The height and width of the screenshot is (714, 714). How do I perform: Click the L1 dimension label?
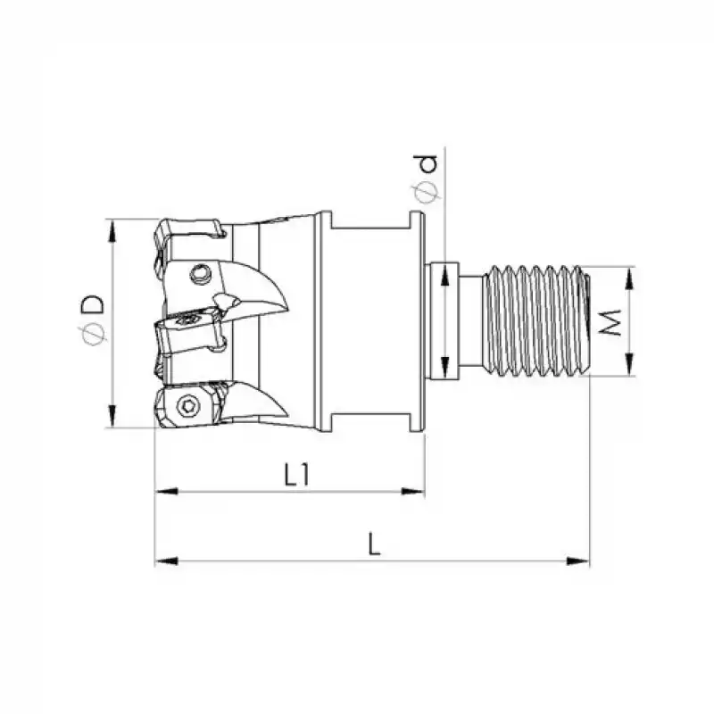tap(296, 476)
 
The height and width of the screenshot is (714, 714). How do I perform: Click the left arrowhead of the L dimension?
tap(163, 560)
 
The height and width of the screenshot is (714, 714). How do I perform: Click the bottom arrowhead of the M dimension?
tap(630, 368)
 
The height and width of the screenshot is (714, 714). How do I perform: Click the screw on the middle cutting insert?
tap(189, 319)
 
